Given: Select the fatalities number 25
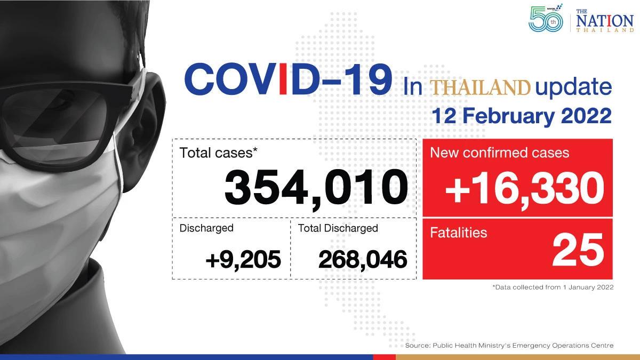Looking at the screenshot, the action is pos(578,250).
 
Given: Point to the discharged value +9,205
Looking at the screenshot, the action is pos(243,259).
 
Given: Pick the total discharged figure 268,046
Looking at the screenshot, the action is pos(363,259).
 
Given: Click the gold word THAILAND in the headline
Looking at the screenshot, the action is pos(481,87).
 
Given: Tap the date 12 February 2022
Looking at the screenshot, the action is pos(522,116).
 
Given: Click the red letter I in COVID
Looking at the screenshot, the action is pos(283,79).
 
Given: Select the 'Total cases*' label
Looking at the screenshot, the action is pos(218,153).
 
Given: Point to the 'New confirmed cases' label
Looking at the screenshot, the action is pos(499,153).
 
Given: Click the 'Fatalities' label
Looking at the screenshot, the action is pos(458,233).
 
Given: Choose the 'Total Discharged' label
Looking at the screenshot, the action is pos(338,228).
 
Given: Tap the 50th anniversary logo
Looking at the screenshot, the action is pos(546,18).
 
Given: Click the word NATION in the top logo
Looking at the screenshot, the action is pos(605,21).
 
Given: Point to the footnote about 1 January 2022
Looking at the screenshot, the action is pos(553,287).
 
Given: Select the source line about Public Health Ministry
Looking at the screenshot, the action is pos(509,346).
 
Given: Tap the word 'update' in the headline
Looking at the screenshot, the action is pos(573,87).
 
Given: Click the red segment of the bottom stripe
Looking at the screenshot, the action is pos(385,357).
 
